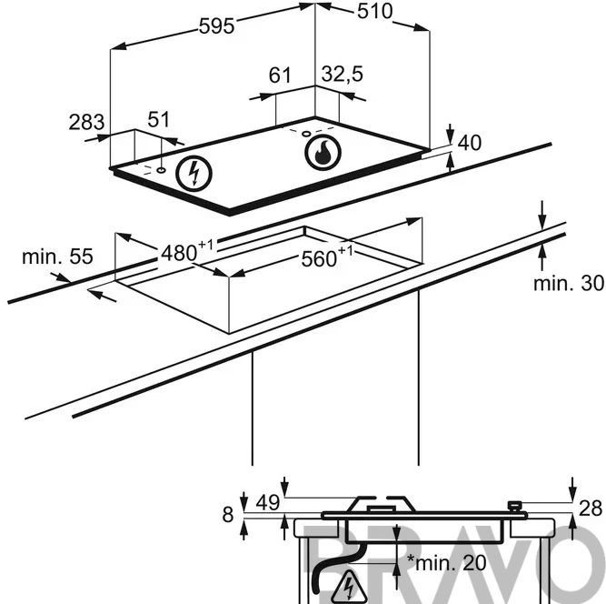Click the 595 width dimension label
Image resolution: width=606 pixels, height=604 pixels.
coord(216,26)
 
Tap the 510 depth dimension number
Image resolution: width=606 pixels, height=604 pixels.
coord(374,11)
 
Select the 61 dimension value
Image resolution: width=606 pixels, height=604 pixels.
coord(280,75)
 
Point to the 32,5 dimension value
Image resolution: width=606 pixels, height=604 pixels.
coord(342,74)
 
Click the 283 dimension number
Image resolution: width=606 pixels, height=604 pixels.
coord(86,122)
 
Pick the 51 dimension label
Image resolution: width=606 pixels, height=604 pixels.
coord(158,119)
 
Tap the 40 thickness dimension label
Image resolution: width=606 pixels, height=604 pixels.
coord(470,143)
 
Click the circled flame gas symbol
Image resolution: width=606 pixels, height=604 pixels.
coord(323,153)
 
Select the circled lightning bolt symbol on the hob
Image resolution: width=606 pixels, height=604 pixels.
coord(194,173)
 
